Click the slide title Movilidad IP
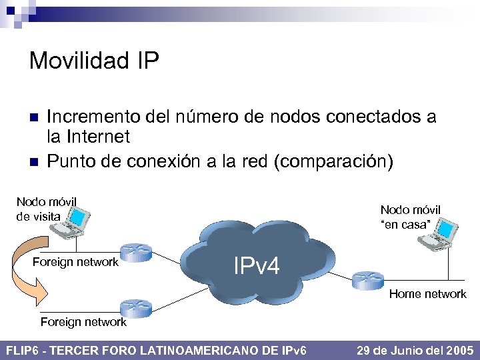[x=94, y=61]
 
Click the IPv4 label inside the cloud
[x=257, y=266]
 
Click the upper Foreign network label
[x=75, y=262]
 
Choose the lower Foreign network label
[x=83, y=322]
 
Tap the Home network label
[x=427, y=294]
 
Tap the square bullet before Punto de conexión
[x=34, y=162]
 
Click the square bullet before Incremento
[x=34, y=118]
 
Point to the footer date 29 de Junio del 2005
[x=415, y=350]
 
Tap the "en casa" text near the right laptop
[x=405, y=225]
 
